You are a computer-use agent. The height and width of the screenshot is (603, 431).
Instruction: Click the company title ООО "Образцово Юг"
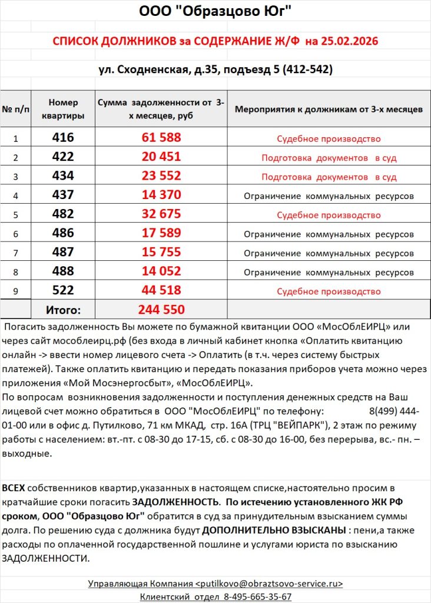215,11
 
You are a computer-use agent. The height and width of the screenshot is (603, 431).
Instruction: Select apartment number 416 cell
63,138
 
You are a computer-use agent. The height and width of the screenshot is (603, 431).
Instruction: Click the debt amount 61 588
161,138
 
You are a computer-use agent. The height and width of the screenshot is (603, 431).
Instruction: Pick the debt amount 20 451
161,157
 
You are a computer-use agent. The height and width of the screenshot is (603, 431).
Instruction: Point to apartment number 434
63,176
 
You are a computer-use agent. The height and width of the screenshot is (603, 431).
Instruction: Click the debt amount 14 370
161,195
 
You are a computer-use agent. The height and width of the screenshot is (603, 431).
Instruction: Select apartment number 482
63,214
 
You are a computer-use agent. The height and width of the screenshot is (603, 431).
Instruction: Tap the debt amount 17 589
161,233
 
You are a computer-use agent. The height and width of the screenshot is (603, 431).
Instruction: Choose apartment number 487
63,252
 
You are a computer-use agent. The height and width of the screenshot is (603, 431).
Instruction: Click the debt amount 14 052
161,271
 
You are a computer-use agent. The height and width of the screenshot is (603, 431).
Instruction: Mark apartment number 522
63,290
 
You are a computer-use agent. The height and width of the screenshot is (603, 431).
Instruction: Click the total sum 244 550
161,310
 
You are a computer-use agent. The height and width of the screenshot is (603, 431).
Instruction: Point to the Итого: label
63,310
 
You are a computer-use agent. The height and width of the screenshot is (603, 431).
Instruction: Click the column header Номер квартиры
63,109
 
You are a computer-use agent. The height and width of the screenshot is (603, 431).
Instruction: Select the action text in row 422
329,158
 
